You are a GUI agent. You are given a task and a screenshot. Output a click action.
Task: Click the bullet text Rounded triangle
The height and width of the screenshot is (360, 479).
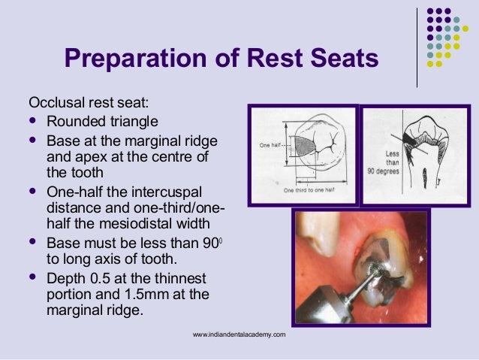[102, 121]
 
